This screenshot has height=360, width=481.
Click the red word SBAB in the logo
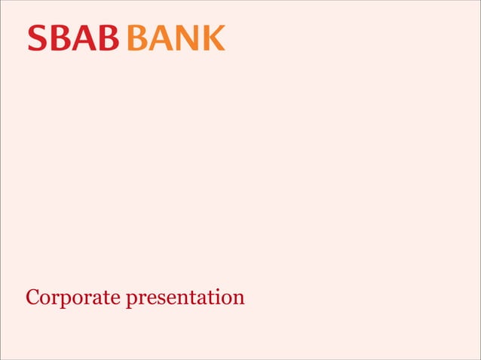point(73,38)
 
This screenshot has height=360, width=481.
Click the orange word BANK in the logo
point(176,38)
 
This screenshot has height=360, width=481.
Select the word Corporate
point(72,297)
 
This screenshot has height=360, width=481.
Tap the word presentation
point(185,297)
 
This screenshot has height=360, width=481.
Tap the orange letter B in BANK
point(138,38)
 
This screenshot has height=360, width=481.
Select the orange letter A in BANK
point(161,38)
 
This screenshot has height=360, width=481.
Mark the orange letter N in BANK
point(188,38)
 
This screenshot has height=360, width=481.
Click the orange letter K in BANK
point(214,38)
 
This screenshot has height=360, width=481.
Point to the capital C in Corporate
point(32,297)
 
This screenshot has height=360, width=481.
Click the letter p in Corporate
point(65,299)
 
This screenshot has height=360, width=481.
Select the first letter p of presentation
point(130,299)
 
